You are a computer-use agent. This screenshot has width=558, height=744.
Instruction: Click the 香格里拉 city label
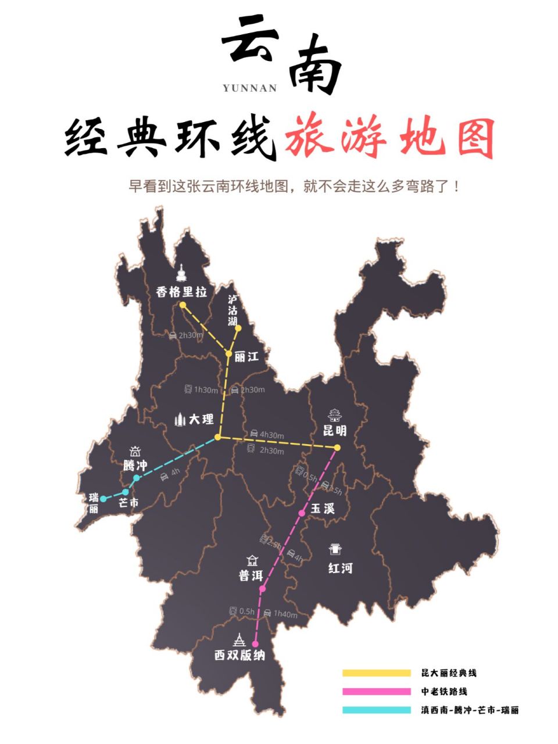point(181,291)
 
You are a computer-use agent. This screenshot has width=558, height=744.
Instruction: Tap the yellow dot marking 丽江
point(229,353)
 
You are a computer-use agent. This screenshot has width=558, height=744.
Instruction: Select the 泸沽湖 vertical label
point(233,310)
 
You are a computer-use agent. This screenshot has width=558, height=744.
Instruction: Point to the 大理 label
point(201,419)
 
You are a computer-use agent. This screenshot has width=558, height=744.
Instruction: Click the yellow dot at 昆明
point(337,447)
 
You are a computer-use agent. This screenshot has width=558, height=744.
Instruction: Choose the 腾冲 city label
point(135,466)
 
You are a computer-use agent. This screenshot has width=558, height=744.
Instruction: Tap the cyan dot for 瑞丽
point(103,499)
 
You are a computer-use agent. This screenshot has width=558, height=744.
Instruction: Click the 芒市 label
point(128,503)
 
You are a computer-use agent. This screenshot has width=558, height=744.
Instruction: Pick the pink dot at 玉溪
point(302,513)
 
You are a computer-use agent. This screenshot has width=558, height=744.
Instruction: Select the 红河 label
point(340,568)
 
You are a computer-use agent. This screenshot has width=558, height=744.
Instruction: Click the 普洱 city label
point(251,575)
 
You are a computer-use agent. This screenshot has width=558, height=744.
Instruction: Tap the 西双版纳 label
point(239,655)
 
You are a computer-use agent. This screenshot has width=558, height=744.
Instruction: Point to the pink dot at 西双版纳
point(255,643)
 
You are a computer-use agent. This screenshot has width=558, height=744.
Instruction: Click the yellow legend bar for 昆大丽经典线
point(376,673)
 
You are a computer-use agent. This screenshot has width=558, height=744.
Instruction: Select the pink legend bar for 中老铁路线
point(376,692)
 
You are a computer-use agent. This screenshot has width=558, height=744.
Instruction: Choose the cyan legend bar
point(376,710)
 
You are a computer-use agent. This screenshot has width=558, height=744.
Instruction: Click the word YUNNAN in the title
point(250,88)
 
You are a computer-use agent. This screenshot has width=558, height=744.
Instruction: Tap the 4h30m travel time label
point(271,435)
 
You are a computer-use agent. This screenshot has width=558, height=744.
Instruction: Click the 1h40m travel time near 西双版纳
point(285,614)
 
